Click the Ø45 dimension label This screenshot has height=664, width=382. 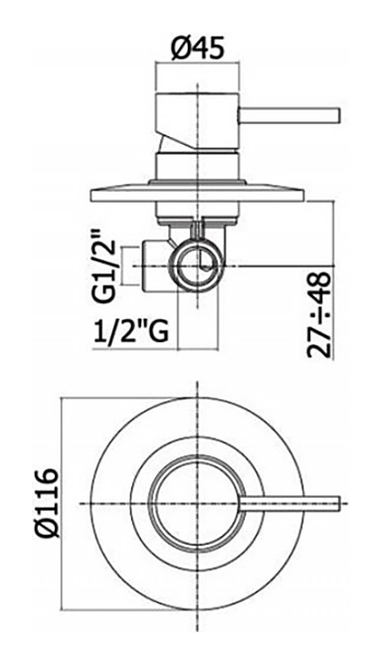[x=197, y=49]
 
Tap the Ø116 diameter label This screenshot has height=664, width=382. [x=46, y=502]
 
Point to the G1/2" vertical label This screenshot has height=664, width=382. [x=103, y=266]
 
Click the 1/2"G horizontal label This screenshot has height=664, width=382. [x=130, y=331]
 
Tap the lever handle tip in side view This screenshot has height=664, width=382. [x=338, y=116]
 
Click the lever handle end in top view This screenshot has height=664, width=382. [x=338, y=503]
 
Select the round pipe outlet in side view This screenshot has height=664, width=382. [x=197, y=266]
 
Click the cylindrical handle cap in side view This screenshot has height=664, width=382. [x=198, y=120]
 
